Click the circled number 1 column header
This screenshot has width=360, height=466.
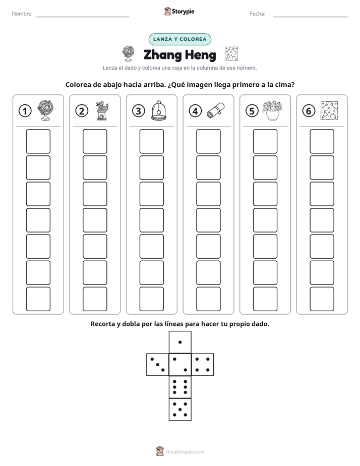click(25, 111)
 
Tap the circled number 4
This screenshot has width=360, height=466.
click(195, 111)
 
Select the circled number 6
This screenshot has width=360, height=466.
click(309, 111)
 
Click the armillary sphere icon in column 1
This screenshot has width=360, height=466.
click(45, 110)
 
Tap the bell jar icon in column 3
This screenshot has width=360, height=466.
click(159, 110)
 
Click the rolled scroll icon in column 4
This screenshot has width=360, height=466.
click(216, 110)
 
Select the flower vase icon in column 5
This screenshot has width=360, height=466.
click(272, 110)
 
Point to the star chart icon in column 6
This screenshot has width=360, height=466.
click(329, 110)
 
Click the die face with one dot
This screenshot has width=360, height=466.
click(180, 342)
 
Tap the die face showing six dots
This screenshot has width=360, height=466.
click(180, 387)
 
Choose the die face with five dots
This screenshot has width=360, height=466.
click(180, 410)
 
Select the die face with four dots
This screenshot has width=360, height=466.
click(203, 365)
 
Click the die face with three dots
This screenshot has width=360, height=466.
click(158, 365)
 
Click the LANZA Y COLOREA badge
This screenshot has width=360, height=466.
click(179, 39)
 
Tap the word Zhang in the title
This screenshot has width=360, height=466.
click(162, 55)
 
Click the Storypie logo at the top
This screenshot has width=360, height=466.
click(179, 12)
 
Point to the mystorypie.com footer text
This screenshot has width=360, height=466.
click(185, 452)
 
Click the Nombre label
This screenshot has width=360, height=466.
click(22, 14)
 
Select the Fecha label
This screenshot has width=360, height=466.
click(258, 14)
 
